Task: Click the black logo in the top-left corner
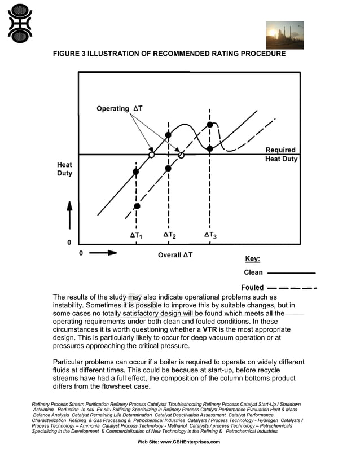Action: (x=20, y=23)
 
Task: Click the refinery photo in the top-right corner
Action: (x=284, y=35)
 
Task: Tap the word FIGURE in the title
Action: (x=68, y=54)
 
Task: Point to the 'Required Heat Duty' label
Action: (x=281, y=154)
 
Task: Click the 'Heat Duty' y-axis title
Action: (x=64, y=169)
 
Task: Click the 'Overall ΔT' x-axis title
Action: (x=175, y=255)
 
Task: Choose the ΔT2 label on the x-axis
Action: (x=169, y=235)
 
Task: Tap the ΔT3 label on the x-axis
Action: (x=210, y=235)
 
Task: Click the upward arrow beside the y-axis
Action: (x=69, y=214)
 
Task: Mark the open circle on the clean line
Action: (x=151, y=155)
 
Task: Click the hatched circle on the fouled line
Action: (x=181, y=155)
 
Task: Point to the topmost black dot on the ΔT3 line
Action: (x=210, y=125)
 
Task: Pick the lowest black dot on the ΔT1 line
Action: (x=136, y=206)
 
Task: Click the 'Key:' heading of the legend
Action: (x=252, y=259)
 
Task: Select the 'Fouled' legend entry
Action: (x=252, y=288)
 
